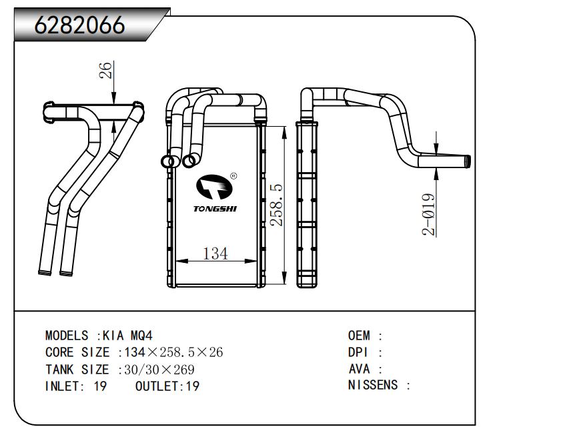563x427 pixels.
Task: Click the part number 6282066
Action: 79,25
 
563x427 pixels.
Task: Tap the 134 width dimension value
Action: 215,254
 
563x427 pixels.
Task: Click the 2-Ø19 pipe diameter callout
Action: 429,215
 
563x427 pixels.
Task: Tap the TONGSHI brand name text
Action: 215,209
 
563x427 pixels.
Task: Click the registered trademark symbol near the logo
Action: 233,177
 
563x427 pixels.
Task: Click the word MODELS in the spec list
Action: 67,336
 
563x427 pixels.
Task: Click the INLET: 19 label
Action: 75,386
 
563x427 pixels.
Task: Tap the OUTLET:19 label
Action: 167,386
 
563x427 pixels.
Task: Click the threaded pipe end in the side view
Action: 467,161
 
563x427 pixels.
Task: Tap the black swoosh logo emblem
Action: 214,188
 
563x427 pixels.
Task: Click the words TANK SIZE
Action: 77,369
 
